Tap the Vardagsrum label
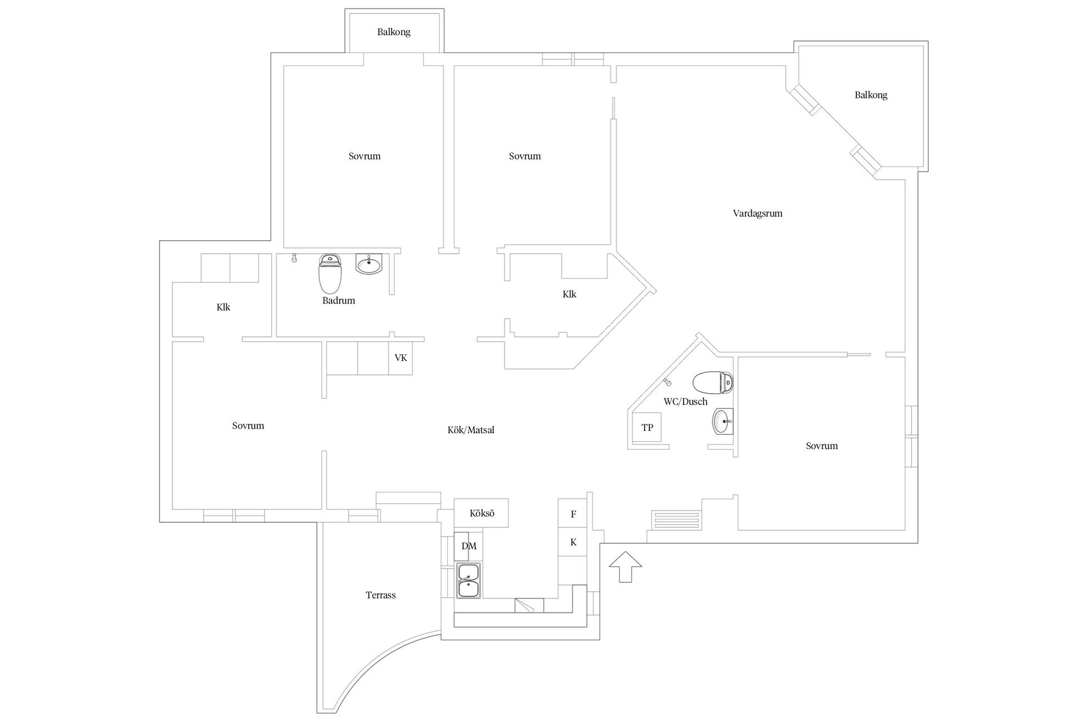(758, 213)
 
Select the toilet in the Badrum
(330, 273)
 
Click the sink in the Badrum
(369, 263)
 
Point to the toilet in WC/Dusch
(713, 382)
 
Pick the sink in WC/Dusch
(723, 421)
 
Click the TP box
(647, 428)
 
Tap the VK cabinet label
(400, 358)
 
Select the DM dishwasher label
(469, 546)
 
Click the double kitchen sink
(468, 580)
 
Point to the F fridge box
(573, 513)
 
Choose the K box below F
(573, 542)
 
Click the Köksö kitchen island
(482, 513)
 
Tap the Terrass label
(381, 595)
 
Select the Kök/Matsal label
(471, 430)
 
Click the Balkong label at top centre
(394, 32)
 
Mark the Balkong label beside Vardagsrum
(871, 95)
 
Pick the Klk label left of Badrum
(223, 307)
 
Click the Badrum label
(338, 301)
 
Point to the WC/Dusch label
(685, 402)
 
